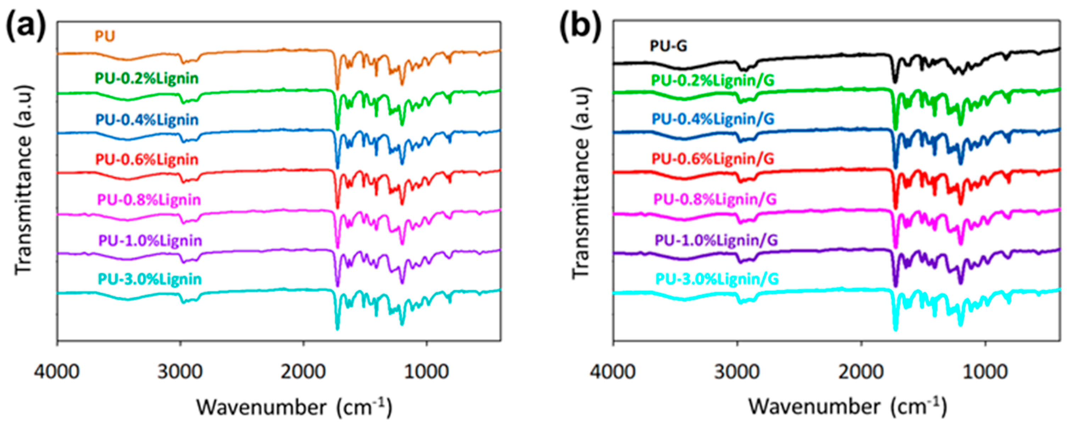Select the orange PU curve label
click(105, 36)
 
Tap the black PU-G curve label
click(668, 57)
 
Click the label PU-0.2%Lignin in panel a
click(147, 78)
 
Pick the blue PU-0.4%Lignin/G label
click(713, 119)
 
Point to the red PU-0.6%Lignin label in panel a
click(147, 159)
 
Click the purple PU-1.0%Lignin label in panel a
click(150, 241)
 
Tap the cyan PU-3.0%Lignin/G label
click(717, 279)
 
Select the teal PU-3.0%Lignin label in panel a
click(150, 279)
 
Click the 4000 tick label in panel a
click(57, 371)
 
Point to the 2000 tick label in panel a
click(303, 371)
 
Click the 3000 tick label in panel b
click(737, 371)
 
